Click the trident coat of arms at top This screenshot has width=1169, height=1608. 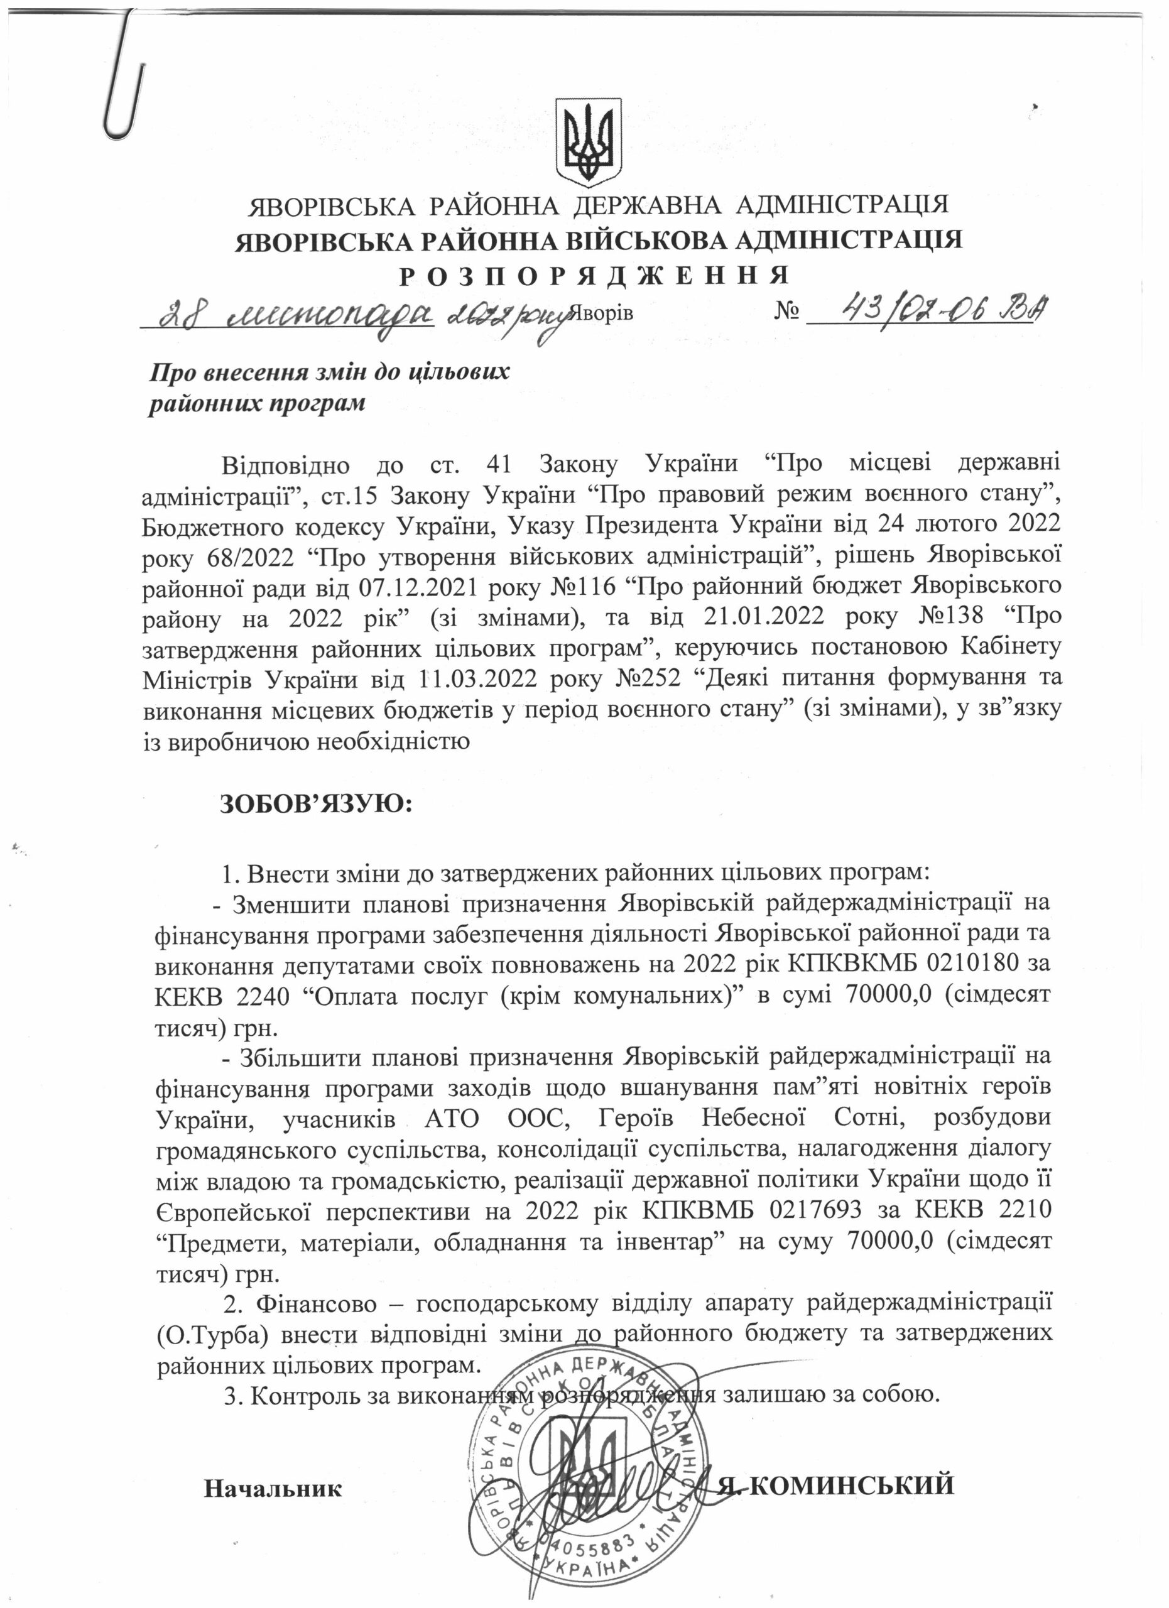click(588, 140)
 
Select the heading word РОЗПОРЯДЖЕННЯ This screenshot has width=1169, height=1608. click(594, 275)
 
